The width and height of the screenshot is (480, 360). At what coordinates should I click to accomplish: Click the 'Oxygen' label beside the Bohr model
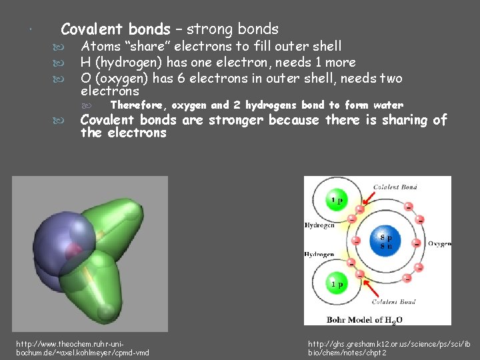pyautogui.click(x=439, y=243)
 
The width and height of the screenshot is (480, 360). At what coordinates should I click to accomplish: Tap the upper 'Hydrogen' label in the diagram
pyautogui.click(x=319, y=225)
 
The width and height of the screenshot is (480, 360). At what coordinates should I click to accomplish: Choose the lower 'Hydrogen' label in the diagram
pyautogui.click(x=319, y=255)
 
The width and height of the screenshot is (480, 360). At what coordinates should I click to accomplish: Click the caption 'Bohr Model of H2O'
pyautogui.click(x=365, y=319)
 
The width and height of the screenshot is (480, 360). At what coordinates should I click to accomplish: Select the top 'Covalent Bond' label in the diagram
pyautogui.click(x=395, y=187)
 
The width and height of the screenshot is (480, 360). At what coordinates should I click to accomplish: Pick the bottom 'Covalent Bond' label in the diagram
pyautogui.click(x=395, y=302)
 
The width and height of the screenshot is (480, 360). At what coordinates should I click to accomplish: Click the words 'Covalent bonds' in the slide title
pyautogui.click(x=115, y=29)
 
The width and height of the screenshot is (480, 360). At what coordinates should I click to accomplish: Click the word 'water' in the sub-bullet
pyautogui.click(x=388, y=105)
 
